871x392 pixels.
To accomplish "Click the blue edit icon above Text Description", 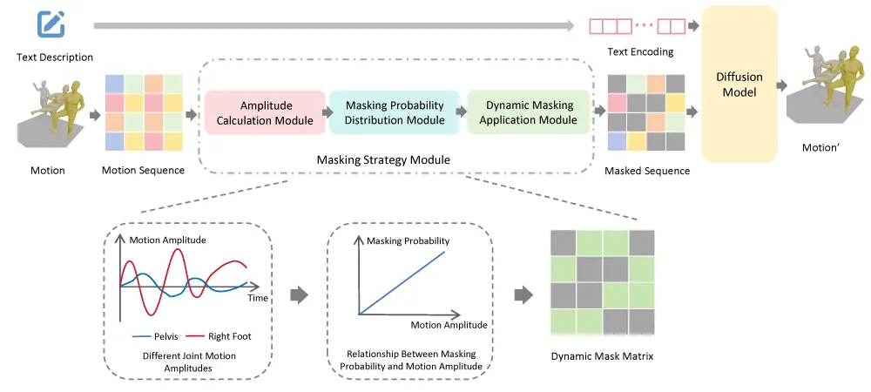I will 51,24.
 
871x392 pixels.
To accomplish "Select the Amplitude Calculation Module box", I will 265,112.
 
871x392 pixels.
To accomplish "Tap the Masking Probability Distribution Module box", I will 395,112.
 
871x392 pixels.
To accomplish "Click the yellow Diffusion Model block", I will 739,84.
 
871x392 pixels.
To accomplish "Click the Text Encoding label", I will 640,52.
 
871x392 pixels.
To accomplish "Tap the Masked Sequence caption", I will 647,171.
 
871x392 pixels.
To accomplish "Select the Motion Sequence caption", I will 143,171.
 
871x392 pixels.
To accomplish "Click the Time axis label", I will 258,298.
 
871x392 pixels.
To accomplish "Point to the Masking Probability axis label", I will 408,240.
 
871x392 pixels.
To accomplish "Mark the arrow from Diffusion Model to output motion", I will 782,84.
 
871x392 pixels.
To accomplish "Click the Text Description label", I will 55,57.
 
